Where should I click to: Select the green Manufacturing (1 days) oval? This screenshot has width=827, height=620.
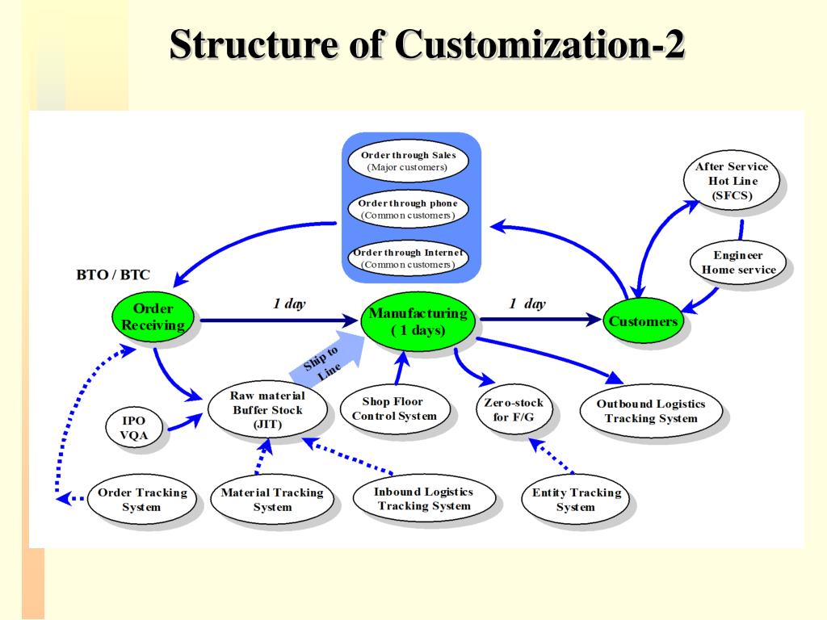(418, 321)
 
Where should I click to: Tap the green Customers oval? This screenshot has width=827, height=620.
(643, 321)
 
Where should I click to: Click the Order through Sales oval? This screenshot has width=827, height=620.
(408, 161)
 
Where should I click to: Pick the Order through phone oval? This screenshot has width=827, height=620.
(408, 209)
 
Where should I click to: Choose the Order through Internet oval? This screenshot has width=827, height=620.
(408, 258)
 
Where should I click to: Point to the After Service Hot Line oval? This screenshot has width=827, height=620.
(732, 181)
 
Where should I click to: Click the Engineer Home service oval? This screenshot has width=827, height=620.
(738, 262)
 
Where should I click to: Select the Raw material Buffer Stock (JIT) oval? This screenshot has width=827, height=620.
(267, 409)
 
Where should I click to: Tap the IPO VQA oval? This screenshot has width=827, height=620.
(134, 428)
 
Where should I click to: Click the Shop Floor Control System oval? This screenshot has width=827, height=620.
(393, 408)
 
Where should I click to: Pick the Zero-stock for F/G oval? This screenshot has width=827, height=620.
(513, 409)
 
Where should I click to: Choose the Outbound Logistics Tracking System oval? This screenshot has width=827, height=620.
(650, 411)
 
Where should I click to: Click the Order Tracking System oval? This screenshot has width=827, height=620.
(142, 500)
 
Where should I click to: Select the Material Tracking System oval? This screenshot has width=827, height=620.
(272, 500)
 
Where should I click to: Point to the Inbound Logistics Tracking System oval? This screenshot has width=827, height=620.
(423, 498)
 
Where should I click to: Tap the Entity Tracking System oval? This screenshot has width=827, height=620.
(576, 500)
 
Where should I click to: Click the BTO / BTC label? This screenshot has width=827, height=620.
(113, 274)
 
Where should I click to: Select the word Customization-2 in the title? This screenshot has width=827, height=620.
(540, 44)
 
